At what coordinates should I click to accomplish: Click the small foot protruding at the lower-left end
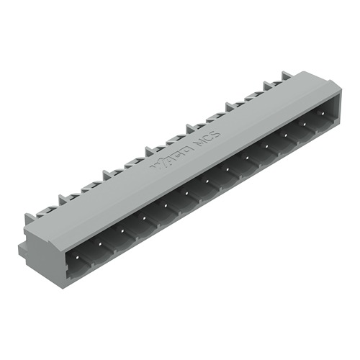point(23,249)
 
